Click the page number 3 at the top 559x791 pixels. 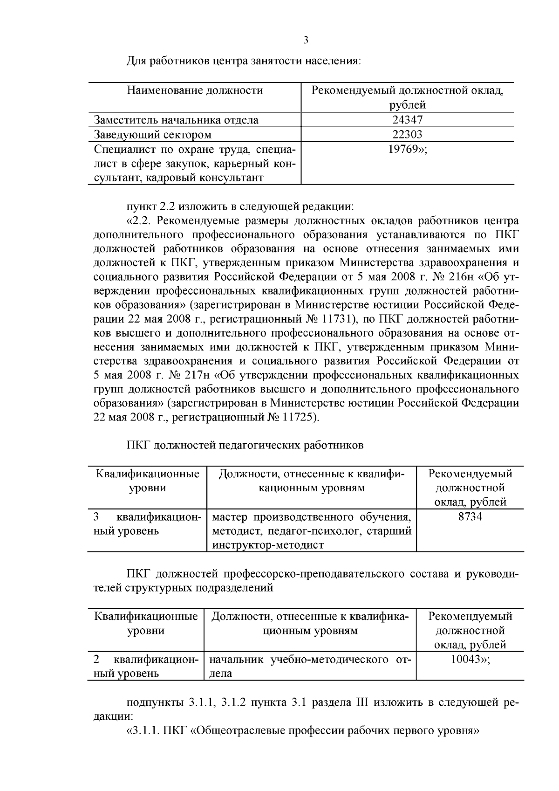coord(306,41)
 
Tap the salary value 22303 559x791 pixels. coord(407,135)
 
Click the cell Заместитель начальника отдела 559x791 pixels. coord(176,120)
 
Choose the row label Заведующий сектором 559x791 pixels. coord(152,135)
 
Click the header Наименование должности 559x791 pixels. coord(195,90)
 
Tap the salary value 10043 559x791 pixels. coord(467,660)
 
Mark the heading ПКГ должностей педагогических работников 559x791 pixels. coord(245,446)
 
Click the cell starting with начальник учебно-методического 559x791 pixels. coord(309,666)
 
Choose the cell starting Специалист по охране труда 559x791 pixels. coord(194,164)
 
